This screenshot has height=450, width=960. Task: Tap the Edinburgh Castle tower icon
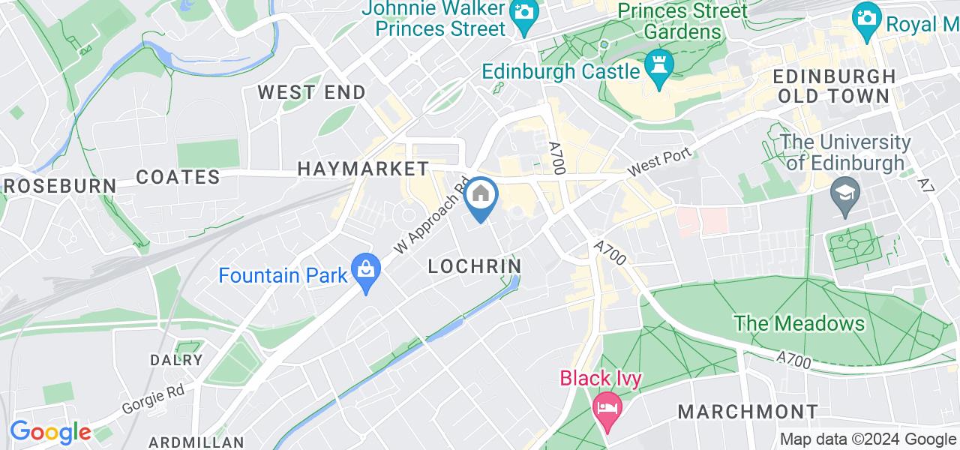[659, 70]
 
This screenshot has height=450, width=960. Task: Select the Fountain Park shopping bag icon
[366, 274]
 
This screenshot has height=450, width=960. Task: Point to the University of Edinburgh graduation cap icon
[845, 197]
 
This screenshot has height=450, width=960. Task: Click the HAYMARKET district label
[363, 169]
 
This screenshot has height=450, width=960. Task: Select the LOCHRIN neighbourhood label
[474, 265]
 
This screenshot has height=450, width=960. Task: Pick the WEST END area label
[311, 92]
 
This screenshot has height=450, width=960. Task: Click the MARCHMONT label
[748, 412]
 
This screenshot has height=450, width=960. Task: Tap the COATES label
[178, 177]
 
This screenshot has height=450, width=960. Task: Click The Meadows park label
[799, 324]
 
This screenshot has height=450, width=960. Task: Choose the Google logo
[50, 433]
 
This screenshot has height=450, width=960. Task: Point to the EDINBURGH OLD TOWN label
[833, 86]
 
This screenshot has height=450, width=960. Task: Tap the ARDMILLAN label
[197, 442]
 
